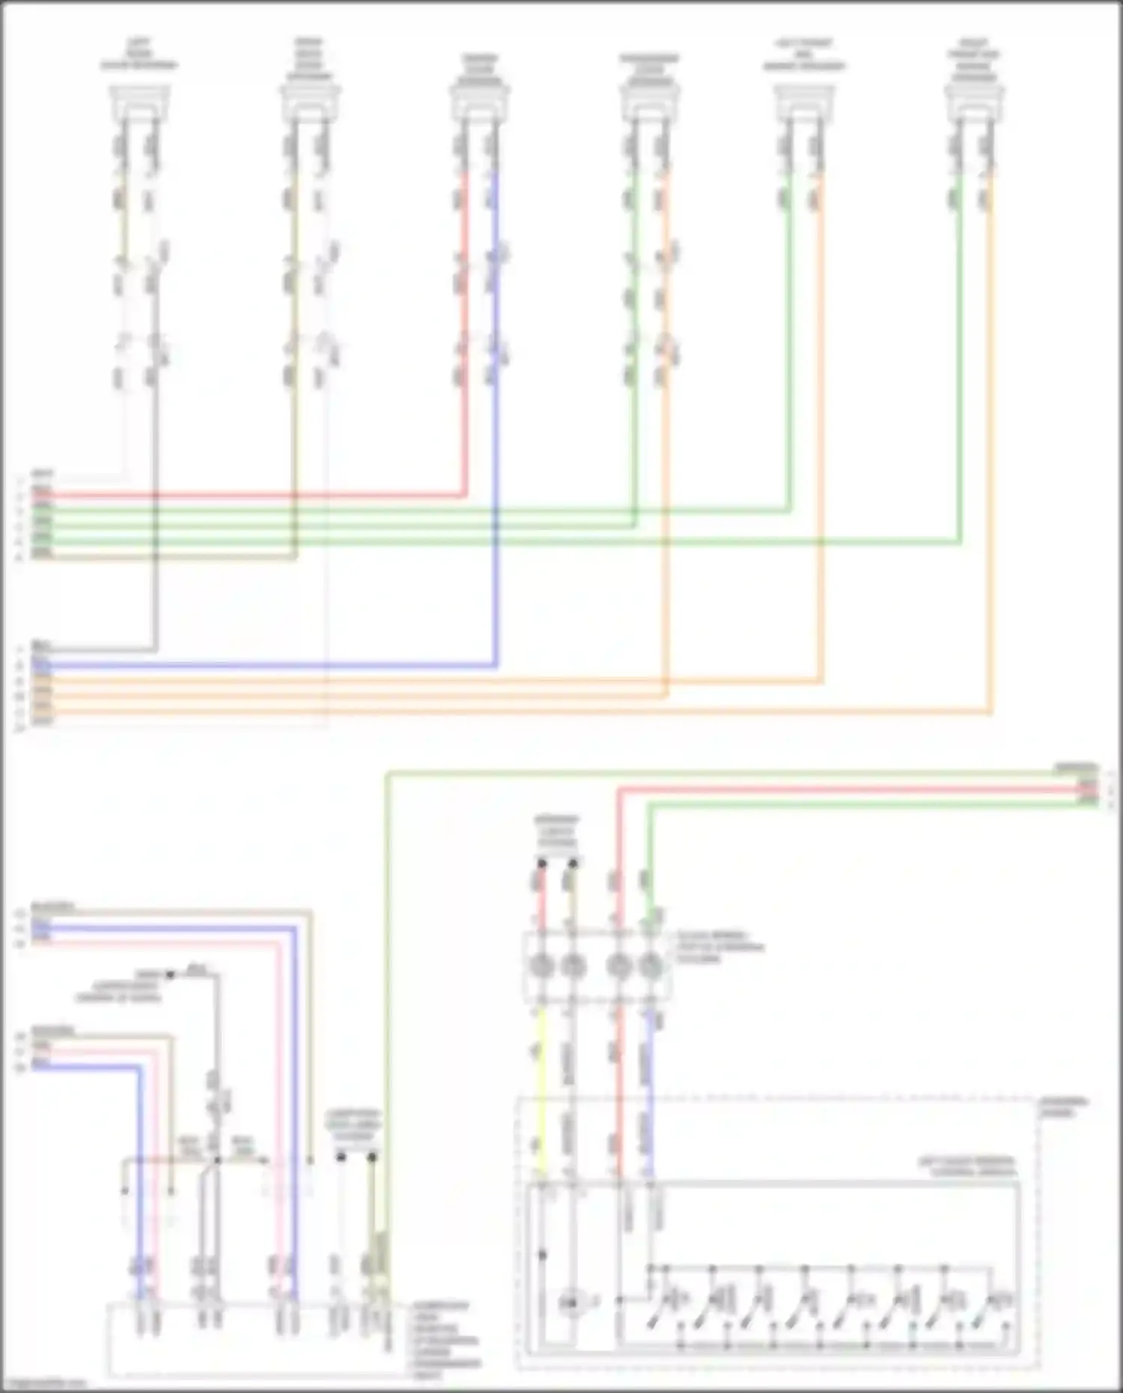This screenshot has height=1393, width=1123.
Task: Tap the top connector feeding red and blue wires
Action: [480, 100]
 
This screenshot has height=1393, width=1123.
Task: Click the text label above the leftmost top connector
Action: [139, 54]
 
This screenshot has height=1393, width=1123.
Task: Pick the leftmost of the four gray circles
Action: [542, 967]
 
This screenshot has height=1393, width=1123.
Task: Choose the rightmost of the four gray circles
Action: [650, 967]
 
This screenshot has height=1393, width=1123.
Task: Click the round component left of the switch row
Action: [573, 1303]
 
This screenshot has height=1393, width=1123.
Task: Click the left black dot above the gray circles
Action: [542, 864]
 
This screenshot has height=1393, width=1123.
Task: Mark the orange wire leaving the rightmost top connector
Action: [991, 449]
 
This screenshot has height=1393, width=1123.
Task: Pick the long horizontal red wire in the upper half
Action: [247, 495]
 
